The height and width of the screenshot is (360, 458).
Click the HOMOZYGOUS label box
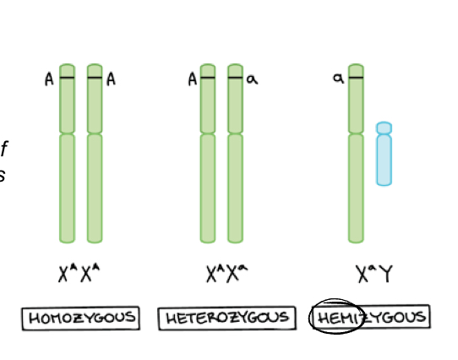pos(81,319)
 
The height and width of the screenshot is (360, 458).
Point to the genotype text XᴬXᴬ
pos(81,274)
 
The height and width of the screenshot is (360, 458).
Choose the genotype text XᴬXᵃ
pos(226,274)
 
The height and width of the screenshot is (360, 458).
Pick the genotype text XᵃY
pos(372,274)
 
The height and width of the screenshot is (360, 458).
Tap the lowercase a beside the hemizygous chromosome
pos(338,79)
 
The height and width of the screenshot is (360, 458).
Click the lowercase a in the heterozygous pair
pos(252,79)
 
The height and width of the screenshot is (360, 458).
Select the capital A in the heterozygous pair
pos(193,79)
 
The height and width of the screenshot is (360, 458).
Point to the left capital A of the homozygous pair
pos(50,79)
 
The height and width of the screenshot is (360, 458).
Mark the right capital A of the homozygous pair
pos(111,79)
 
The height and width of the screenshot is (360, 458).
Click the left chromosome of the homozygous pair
pos(68,169)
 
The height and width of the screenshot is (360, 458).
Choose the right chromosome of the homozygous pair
pos(95,169)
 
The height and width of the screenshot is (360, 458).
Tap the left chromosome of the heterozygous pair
pos(208,169)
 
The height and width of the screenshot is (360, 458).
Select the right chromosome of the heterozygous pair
pos(235,169)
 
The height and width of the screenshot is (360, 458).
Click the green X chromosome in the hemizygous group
pos(356,169)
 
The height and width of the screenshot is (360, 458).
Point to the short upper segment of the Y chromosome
pos(384,128)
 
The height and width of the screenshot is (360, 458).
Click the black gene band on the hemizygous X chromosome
pos(356,79)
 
